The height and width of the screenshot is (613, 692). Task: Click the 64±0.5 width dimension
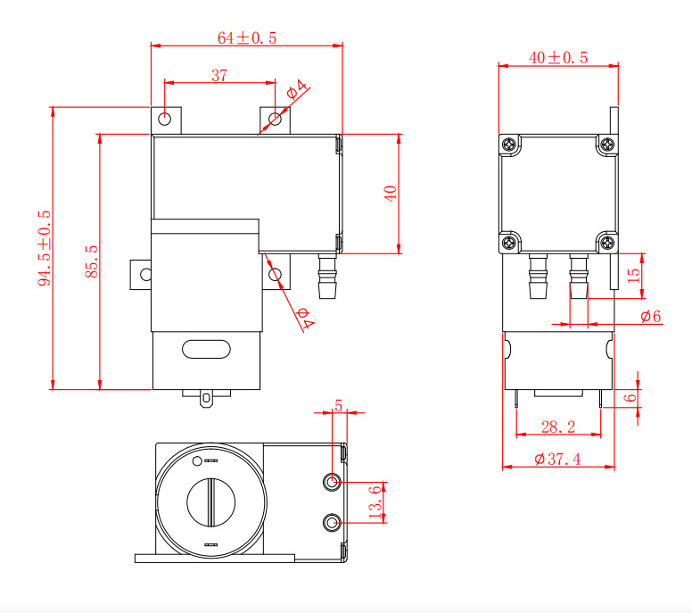click(x=247, y=37)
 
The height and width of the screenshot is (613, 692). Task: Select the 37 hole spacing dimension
click(x=219, y=76)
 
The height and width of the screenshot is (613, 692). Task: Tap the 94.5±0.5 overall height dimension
click(x=45, y=248)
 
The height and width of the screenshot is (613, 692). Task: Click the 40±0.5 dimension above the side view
click(x=558, y=57)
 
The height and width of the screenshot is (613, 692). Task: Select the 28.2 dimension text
click(x=558, y=427)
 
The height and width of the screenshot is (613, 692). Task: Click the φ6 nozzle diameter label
click(x=650, y=317)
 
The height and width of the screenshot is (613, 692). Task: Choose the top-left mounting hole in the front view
click(x=166, y=119)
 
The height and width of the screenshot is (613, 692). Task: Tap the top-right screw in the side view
click(x=606, y=145)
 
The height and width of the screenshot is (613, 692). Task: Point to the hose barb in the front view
click(x=327, y=278)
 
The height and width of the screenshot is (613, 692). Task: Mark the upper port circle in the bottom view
click(x=333, y=482)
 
